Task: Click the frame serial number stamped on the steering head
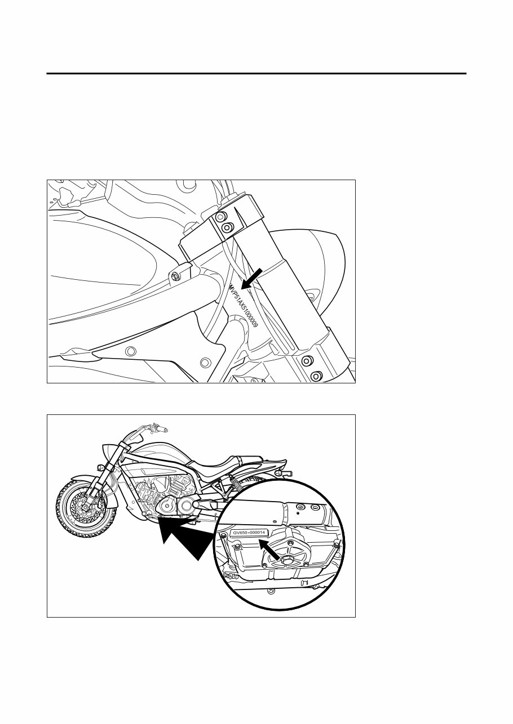tap(244, 307)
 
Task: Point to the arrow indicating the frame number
tap(251, 278)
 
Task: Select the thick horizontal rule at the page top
tap(256, 73)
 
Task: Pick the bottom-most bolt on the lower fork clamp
tap(315, 374)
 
